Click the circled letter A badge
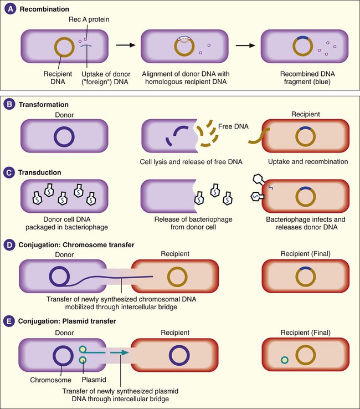pyautogui.click(x=10, y=10)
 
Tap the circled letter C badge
pyautogui.click(x=10, y=172)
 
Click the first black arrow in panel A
pyautogui.click(x=124, y=46)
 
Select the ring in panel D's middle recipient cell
pyautogui.click(x=177, y=276)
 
